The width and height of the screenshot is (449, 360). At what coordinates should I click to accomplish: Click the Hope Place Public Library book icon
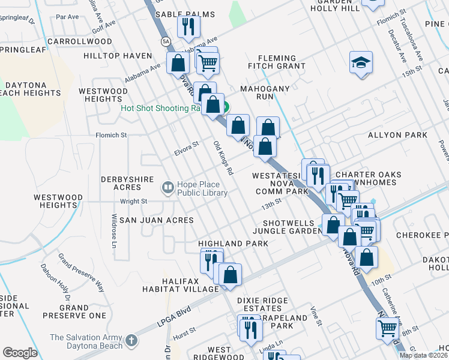pyautogui.click(x=168, y=188)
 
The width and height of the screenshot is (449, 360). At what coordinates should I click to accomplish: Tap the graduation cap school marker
pyautogui.click(x=361, y=63)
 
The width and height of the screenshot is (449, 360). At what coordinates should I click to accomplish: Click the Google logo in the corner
pyautogui.click(x=20, y=353)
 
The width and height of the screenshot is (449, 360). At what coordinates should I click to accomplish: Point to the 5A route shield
pyautogui.click(x=166, y=41)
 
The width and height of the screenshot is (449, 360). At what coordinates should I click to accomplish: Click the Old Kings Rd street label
pyautogui.click(x=223, y=158)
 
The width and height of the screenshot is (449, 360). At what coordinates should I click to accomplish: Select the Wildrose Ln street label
pyautogui.click(x=113, y=231)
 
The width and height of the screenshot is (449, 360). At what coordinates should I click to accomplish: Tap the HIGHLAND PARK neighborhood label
pyautogui.click(x=234, y=244)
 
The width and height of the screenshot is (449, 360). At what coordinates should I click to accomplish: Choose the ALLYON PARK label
pyautogui.click(x=397, y=135)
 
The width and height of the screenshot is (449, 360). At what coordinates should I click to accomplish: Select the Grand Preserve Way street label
pyautogui.click(x=80, y=272)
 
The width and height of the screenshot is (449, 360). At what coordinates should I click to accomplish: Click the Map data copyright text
pyautogui.click(x=423, y=355)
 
